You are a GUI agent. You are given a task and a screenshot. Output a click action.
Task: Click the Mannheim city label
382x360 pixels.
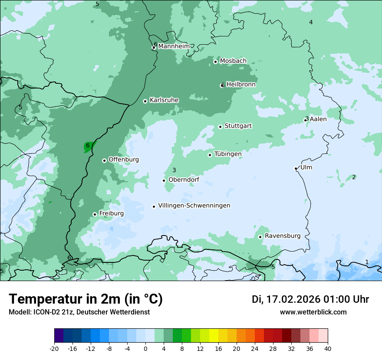(x=174, y=46)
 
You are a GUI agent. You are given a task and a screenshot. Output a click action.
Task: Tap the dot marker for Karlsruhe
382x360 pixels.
(x=145, y=101)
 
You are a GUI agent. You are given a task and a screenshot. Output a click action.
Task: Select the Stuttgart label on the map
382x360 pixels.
(x=238, y=126)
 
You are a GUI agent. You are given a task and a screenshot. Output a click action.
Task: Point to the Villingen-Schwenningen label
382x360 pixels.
(x=194, y=206)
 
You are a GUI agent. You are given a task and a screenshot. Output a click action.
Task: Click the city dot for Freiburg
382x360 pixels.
(x=95, y=214)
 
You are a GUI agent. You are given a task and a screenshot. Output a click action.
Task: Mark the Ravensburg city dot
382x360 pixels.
(x=260, y=237)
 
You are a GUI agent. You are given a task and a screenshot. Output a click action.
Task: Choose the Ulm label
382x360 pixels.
(x=306, y=167)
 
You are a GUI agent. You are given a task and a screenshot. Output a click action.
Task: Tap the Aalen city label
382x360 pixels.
(x=318, y=119)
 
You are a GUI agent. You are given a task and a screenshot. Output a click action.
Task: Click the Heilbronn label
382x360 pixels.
(x=241, y=84)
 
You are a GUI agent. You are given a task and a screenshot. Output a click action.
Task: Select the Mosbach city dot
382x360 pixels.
(x=215, y=62)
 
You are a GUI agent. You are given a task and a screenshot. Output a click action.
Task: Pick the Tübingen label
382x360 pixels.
(x=228, y=154)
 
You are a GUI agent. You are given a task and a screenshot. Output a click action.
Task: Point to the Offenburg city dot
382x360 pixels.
(x=104, y=160)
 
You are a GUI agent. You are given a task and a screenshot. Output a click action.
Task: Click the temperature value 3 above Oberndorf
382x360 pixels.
(x=174, y=170)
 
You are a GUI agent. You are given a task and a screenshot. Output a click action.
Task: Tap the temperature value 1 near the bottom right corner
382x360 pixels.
(x=367, y=262)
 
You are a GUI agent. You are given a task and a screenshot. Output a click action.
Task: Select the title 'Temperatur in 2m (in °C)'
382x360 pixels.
(x=86, y=299)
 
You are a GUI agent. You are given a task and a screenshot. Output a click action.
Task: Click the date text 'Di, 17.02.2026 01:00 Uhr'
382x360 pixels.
(x=310, y=299)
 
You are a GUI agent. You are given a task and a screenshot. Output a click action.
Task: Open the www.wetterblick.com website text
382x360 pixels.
(x=313, y=312)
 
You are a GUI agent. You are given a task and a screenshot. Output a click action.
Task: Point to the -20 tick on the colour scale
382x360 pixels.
(x=54, y=348)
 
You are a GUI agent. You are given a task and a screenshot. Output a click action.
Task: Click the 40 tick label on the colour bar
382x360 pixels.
(x=328, y=348)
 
